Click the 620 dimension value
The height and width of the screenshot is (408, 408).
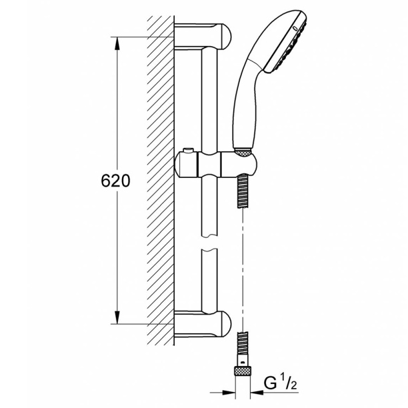click(115, 181)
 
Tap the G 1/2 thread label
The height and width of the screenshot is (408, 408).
click(280, 383)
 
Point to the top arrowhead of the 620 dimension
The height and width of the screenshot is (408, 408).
click(117, 43)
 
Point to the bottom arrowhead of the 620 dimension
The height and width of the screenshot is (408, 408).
click(117, 317)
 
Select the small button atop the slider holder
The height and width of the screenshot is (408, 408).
click(189, 151)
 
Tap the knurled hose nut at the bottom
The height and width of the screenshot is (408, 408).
click(243, 370)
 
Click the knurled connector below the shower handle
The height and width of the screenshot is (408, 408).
click(243, 151)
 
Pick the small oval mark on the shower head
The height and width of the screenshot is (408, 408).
click(295, 29)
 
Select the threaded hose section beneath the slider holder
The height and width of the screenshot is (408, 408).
click(243, 191)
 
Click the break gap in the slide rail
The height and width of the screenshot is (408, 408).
click(209, 243)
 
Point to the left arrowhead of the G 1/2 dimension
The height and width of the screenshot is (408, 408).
click(229, 392)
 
